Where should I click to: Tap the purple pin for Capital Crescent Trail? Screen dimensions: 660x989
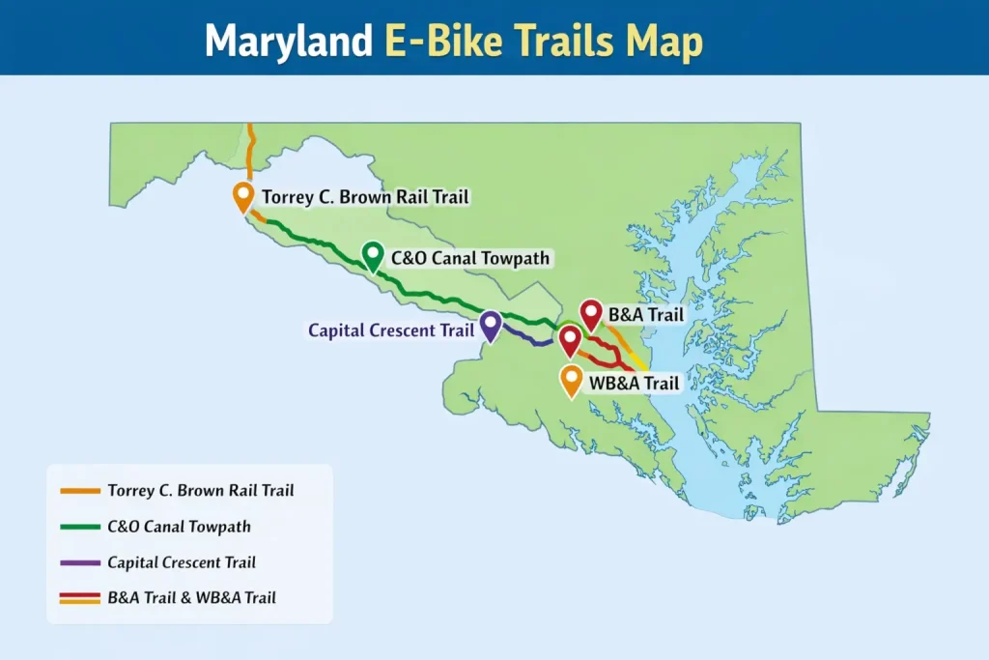pyautogui.click(x=491, y=325)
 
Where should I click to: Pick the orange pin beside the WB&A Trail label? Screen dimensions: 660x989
pyautogui.click(x=571, y=381)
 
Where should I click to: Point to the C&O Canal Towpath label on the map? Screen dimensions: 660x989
pyautogui.click(x=470, y=258)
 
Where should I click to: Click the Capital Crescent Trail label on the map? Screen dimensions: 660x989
pyautogui.click(x=390, y=330)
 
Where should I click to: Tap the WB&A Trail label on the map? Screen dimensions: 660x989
pyautogui.click(x=634, y=384)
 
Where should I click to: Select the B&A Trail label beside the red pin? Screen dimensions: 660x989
pyautogui.click(x=645, y=315)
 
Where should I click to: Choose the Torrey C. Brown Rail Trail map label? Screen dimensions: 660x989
pyautogui.click(x=365, y=197)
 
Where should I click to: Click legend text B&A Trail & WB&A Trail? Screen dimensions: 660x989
pyautogui.click(x=191, y=597)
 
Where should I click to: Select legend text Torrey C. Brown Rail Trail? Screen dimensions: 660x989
pyautogui.click(x=201, y=491)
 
